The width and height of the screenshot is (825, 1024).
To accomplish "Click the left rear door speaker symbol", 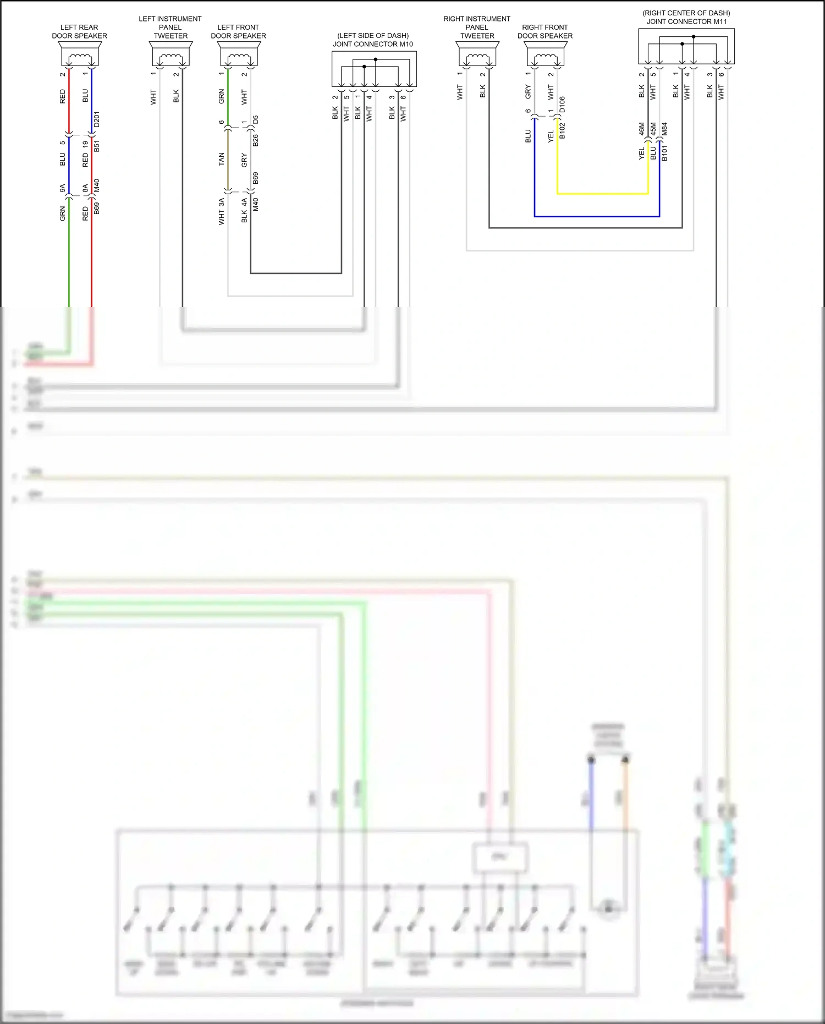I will pos(80,55).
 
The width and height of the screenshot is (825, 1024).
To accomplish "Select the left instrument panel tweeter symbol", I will pos(170,55).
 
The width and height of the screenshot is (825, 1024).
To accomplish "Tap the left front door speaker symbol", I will pos(239,55).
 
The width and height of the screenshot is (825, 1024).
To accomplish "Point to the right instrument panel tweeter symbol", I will pos(477,55).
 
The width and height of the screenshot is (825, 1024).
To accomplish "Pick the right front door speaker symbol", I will pos(545,55).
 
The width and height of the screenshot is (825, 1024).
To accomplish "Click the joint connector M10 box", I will pos(374,69).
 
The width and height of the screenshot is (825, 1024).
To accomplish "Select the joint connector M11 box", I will pos(686,46).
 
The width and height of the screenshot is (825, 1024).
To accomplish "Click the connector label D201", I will pos(97,119).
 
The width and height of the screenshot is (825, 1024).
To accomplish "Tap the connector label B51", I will pos(97,146).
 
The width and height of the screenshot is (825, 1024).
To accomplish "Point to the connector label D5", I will pos(256,119).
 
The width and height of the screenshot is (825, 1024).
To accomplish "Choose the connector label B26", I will pos(256,140).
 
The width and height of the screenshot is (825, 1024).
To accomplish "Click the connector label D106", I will pos(562,105).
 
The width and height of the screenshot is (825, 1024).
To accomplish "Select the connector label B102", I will pos(562,131).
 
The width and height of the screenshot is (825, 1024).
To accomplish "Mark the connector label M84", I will pos(664,129).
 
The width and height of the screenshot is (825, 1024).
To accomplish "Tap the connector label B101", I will pos(664,153).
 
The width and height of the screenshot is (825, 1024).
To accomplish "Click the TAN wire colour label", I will pos(222,160).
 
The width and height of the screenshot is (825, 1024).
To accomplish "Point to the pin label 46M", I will pos(642,129).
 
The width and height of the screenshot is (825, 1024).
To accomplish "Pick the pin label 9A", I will pos(63,188).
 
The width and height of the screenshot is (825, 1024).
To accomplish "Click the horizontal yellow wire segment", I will pos(603,194).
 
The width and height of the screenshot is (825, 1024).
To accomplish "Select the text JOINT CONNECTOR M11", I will pos(686,22).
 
